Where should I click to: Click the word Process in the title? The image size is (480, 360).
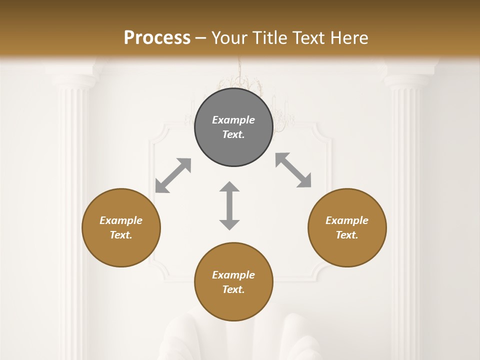[157, 37]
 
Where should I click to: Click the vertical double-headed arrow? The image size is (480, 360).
[229, 205]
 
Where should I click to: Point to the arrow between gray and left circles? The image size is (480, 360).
[173, 175]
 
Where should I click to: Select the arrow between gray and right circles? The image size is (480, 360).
[293, 170]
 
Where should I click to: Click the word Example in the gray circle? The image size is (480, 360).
[233, 120]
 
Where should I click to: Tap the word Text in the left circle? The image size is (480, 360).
[121, 235]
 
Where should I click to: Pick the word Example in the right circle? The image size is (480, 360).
[347, 220]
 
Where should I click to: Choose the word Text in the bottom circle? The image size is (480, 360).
[233, 289]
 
